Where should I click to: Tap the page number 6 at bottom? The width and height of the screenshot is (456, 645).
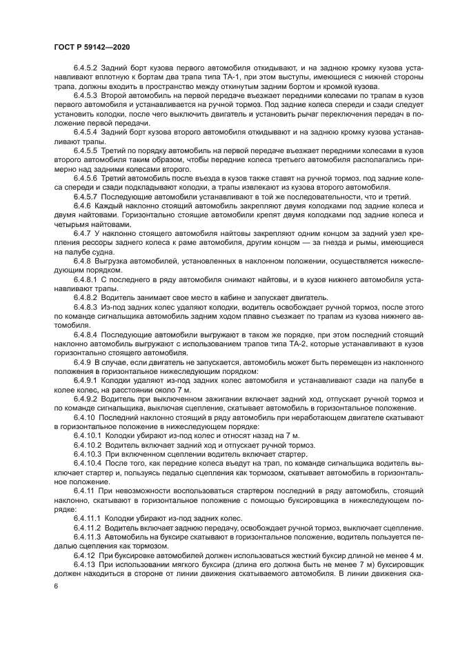click(x=56, y=585)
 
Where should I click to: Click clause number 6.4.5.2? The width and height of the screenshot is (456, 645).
click(x=87, y=69)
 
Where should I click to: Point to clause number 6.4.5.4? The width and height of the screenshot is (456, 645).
click(x=87, y=131)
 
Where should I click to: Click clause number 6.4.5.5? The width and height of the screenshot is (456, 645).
click(x=87, y=150)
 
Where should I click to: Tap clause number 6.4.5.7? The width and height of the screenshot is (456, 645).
click(x=87, y=197)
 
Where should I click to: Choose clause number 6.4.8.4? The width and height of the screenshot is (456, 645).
click(x=87, y=333)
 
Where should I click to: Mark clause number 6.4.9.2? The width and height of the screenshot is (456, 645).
click(x=87, y=399)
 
